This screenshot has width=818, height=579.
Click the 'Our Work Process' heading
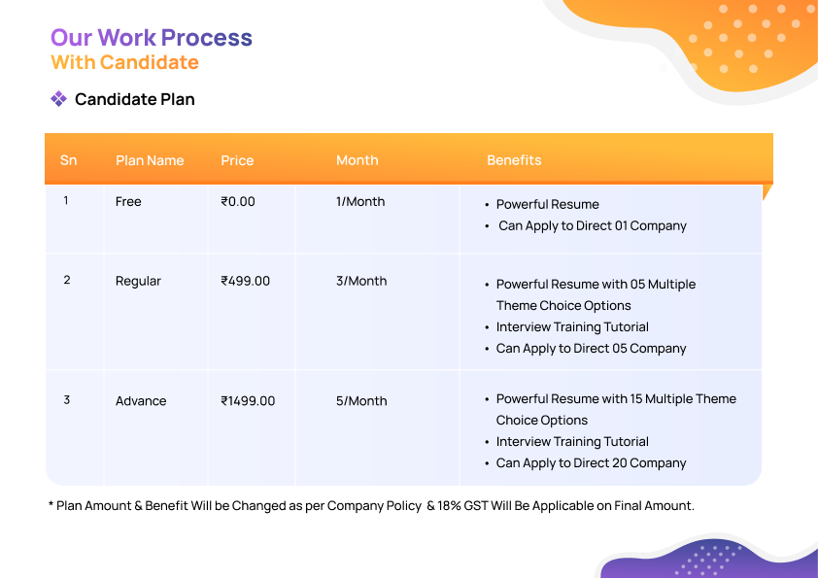[x=152, y=38]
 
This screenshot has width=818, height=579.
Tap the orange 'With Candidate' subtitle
[x=124, y=62]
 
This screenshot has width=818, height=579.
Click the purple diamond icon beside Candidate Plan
[x=58, y=98]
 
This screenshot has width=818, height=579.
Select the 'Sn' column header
[x=68, y=160]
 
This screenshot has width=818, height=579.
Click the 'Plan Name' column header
[x=150, y=160]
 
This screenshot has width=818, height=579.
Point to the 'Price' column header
[x=237, y=160]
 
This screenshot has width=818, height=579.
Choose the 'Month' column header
[x=358, y=160]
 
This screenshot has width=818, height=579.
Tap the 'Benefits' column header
[x=514, y=160]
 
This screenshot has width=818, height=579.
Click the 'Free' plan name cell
[x=128, y=202]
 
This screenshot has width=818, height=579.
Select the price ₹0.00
[x=238, y=202]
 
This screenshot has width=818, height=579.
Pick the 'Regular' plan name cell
[x=138, y=281]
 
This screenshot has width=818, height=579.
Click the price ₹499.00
[x=245, y=281]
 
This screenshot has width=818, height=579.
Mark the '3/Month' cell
[x=361, y=281]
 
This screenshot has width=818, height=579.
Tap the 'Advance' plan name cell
[x=141, y=401]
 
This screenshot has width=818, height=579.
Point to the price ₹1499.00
[x=248, y=401]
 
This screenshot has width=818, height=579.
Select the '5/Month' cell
[x=361, y=401]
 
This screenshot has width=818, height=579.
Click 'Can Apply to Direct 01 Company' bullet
[x=593, y=225]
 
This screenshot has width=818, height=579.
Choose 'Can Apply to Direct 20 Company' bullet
[x=591, y=463]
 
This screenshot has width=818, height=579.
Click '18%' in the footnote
[x=449, y=506]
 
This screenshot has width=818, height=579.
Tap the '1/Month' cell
[x=360, y=202]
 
